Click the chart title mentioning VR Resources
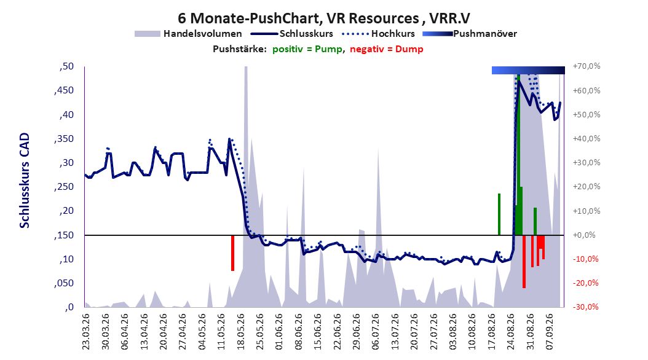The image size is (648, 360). (x=324, y=18)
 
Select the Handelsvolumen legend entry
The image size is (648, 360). (x=188, y=34)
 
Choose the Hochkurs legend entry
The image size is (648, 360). (x=378, y=34)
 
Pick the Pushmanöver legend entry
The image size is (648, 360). (x=470, y=34)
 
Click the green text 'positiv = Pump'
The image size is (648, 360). (x=307, y=49)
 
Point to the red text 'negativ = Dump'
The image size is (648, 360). (x=387, y=49)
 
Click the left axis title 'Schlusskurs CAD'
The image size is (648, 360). (x=25, y=181)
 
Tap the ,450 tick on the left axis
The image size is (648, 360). (x=64, y=90)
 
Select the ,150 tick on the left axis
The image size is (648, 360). (x=64, y=235)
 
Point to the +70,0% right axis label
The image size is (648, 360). (x=587, y=66)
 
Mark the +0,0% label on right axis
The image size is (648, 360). (x=584, y=235)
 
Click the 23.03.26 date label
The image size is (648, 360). (x=86, y=332)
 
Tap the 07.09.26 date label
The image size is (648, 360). (x=550, y=332)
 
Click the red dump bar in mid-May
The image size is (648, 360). (x=232, y=252)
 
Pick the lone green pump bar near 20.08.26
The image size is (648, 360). (x=499, y=214)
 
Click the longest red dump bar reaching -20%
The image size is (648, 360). (x=524, y=261)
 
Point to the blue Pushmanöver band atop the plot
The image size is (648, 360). (x=528, y=70)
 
